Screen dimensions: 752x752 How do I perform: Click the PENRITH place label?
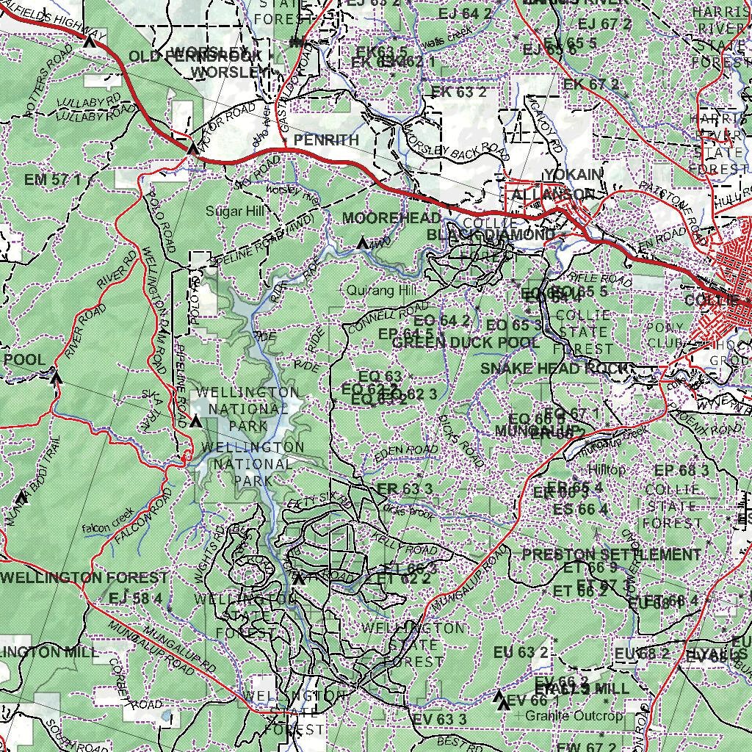pos(326,140)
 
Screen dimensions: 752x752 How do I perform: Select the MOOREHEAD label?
pos(391,217)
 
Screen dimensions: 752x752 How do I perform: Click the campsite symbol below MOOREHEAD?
pos(362,242)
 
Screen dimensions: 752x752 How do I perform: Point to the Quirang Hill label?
pos(381,291)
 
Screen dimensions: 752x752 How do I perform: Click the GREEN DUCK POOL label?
pos(466,343)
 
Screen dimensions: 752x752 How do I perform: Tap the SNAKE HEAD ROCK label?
pos(554,369)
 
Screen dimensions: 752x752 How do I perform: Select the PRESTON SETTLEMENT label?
pos(611,554)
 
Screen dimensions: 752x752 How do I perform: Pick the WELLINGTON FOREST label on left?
pos(84,578)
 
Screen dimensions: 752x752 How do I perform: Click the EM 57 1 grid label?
pos(52,179)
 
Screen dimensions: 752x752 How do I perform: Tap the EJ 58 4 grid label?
pos(135,599)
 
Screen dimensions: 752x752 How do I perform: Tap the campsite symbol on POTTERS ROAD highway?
pos(90,41)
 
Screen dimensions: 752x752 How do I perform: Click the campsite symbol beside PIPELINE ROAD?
pos(195,422)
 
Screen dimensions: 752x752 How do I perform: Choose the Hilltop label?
pos(606,469)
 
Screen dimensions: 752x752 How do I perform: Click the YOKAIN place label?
pos(574,173)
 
